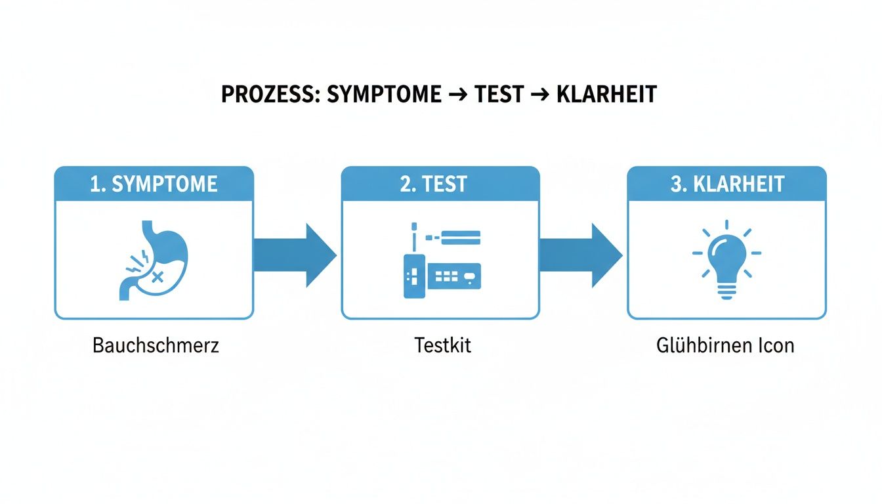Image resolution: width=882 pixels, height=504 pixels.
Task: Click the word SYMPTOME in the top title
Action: [384, 94]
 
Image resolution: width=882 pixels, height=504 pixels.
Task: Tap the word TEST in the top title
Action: [499, 94]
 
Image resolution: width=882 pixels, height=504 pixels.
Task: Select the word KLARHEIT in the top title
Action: [606, 94]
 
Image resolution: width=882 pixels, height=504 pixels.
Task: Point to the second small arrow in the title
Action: [539, 95]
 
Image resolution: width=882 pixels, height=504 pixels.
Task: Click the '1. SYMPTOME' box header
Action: [154, 184]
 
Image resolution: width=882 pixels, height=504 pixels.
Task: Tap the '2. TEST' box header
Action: [440, 184]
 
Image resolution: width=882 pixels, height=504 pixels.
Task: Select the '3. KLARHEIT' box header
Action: [726, 184]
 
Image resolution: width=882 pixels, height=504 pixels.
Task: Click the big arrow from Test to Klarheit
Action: [580, 255]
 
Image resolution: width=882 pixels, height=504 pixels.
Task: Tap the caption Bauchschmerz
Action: [156, 345]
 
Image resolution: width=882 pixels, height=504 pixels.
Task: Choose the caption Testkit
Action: [442, 345]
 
